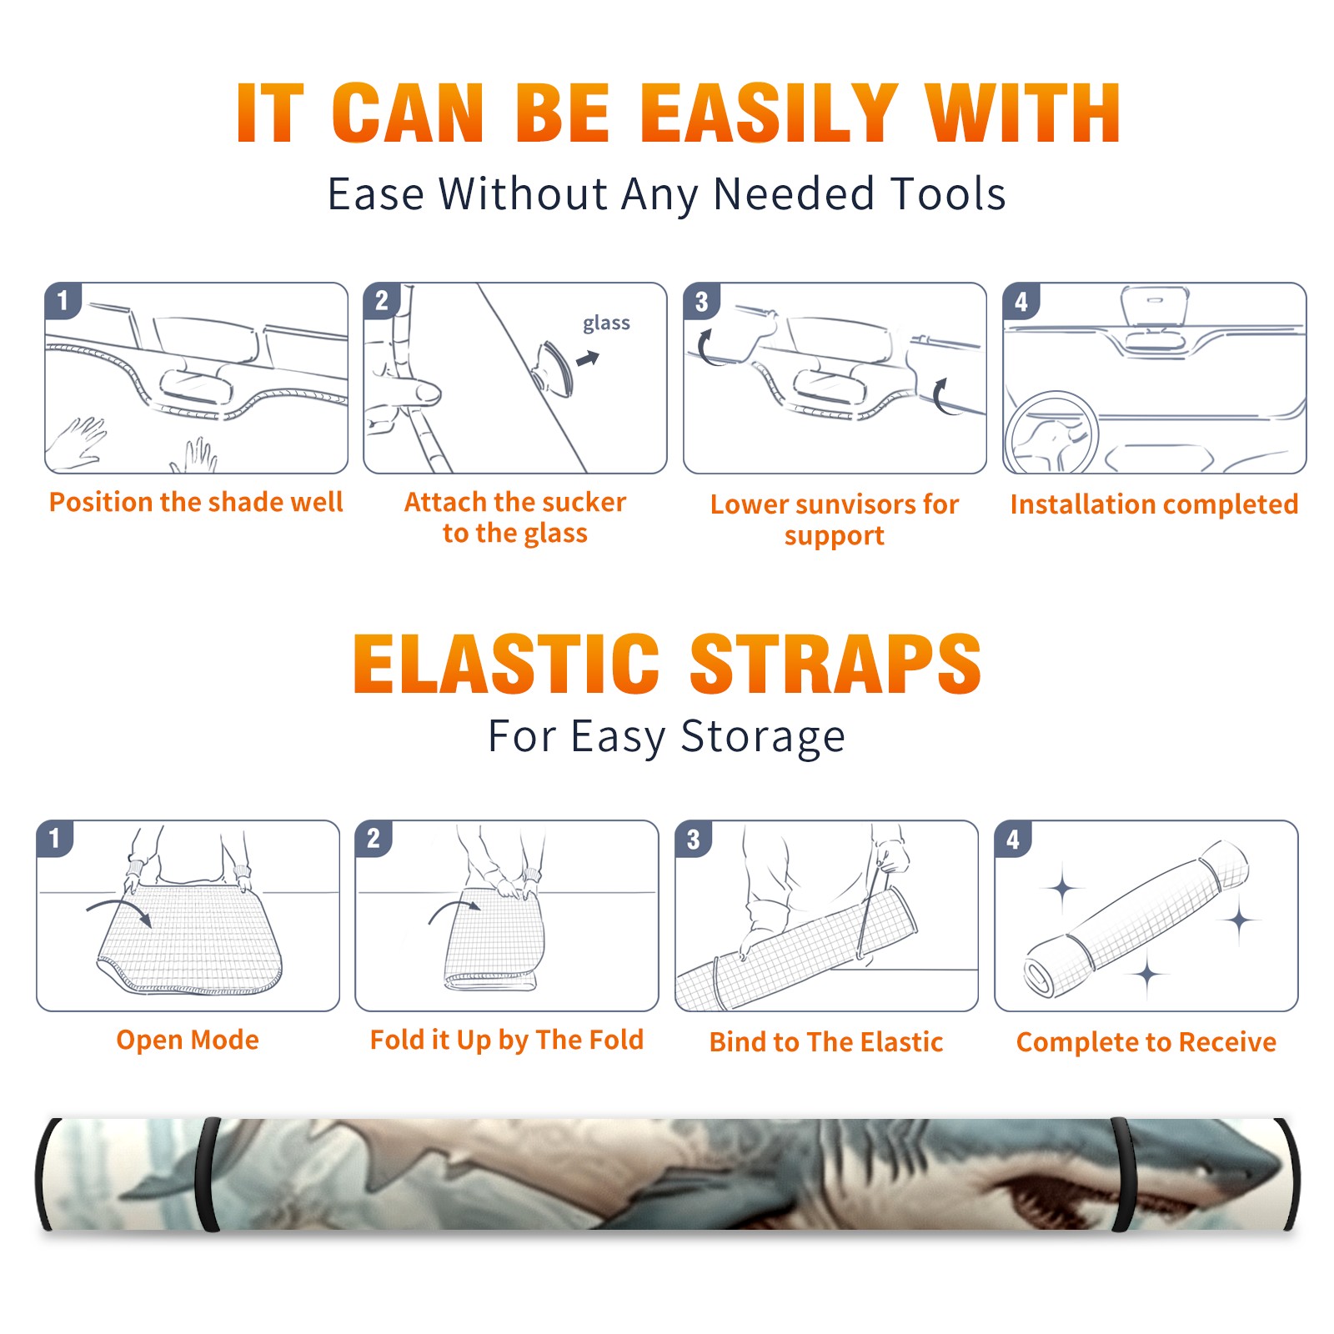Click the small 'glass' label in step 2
click(606, 323)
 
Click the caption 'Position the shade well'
click(196, 502)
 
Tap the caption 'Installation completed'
click(1154, 504)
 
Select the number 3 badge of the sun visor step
click(701, 301)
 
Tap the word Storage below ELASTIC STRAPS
click(763, 737)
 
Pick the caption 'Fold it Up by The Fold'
click(507, 1040)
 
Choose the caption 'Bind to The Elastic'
click(826, 1042)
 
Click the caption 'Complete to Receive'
click(1146, 1042)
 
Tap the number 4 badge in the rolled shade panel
click(1013, 839)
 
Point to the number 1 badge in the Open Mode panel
click(55, 838)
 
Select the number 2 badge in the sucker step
click(382, 300)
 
